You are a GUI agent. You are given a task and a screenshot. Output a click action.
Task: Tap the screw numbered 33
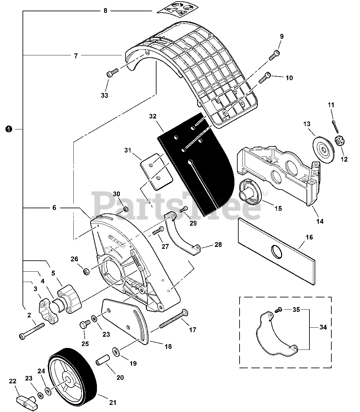point(110,74)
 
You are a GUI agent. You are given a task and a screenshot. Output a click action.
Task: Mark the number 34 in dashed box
point(323,327)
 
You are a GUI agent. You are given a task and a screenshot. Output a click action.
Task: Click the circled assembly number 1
point(9,129)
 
